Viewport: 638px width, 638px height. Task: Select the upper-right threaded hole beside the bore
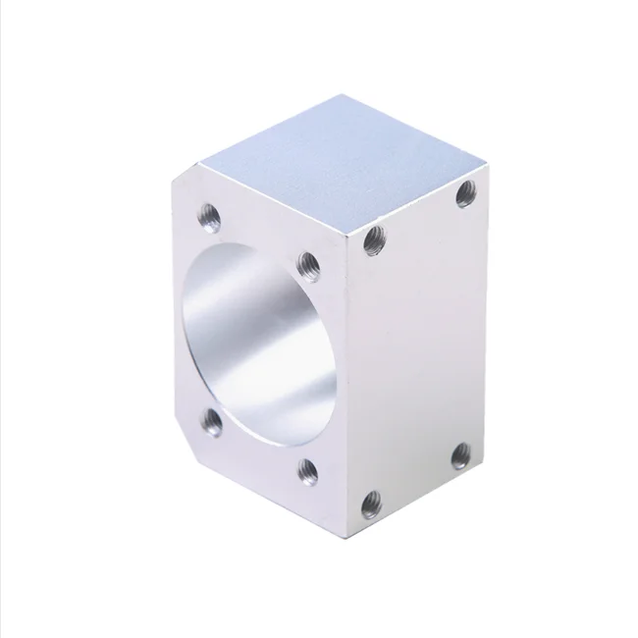307,261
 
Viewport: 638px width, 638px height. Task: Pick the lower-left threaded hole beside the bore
211,423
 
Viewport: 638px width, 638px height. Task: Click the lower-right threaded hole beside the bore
307,468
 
